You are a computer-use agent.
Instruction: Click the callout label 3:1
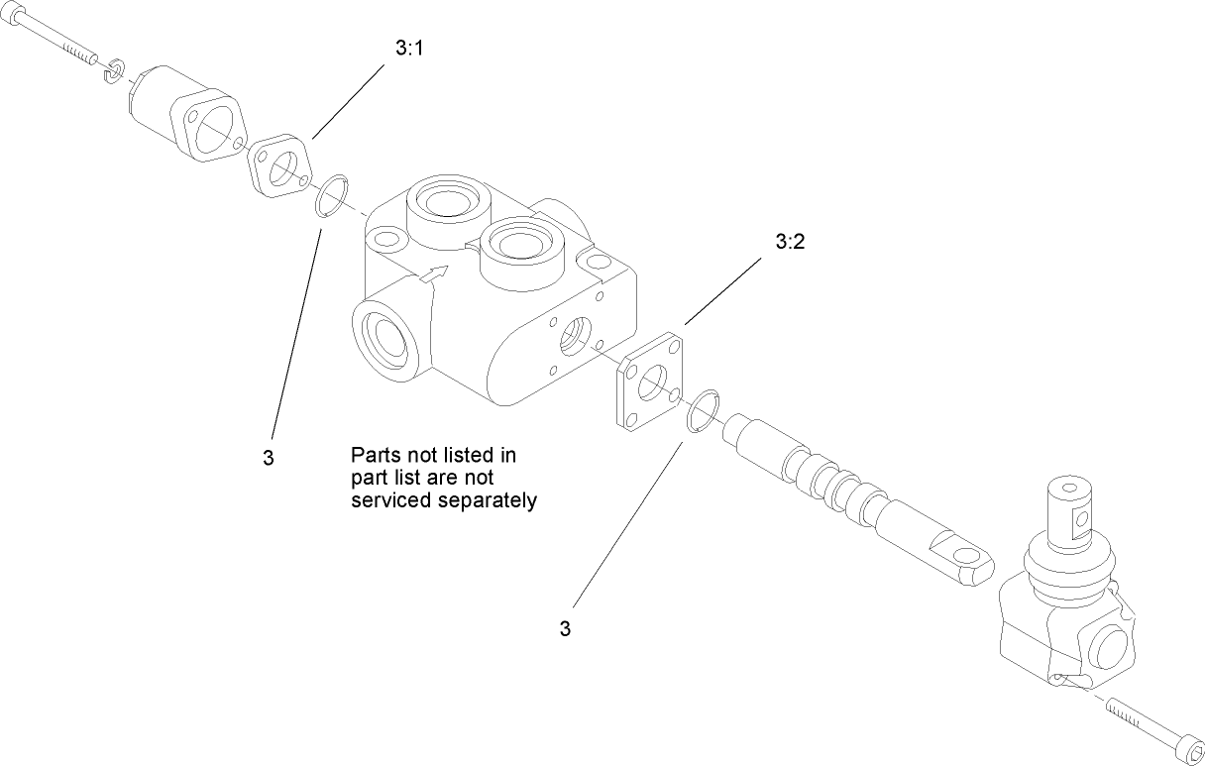[x=409, y=48]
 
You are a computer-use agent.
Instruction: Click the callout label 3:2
[x=789, y=241]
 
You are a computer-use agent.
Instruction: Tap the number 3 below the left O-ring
[x=269, y=458]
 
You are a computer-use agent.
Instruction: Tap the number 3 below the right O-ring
[x=566, y=628]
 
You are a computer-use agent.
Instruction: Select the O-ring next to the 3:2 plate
[x=704, y=410]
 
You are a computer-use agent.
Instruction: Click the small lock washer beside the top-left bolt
[x=114, y=70]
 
